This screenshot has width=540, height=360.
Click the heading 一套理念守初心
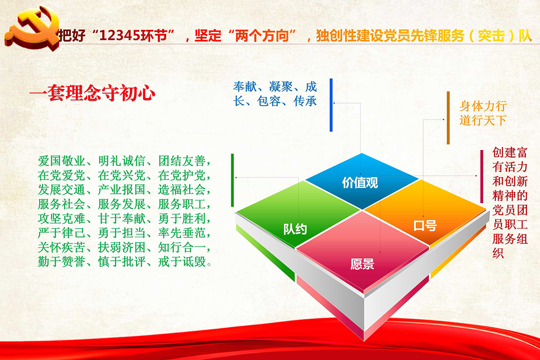[92, 93]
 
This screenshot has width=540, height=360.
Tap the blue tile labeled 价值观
[362, 181]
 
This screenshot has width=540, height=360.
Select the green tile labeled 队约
[298, 214]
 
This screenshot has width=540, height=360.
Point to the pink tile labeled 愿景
[362, 251]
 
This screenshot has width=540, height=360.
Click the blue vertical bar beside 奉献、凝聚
[331, 105]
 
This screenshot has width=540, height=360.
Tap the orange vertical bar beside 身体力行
[448, 118]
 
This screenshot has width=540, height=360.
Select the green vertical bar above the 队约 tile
[232, 180]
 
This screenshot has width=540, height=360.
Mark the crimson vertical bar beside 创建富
[482, 177]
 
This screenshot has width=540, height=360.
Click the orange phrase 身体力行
[483, 106]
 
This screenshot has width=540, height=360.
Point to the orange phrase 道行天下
[483, 120]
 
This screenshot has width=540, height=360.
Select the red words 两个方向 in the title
[262, 35]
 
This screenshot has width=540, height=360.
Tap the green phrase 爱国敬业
[61, 161]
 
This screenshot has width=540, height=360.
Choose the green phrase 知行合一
[182, 247]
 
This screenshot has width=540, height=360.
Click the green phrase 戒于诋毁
[182, 262]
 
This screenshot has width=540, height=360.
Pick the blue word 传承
[305, 101]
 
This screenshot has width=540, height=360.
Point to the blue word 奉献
[245, 87]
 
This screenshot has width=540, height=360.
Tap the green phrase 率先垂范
[182, 233]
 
